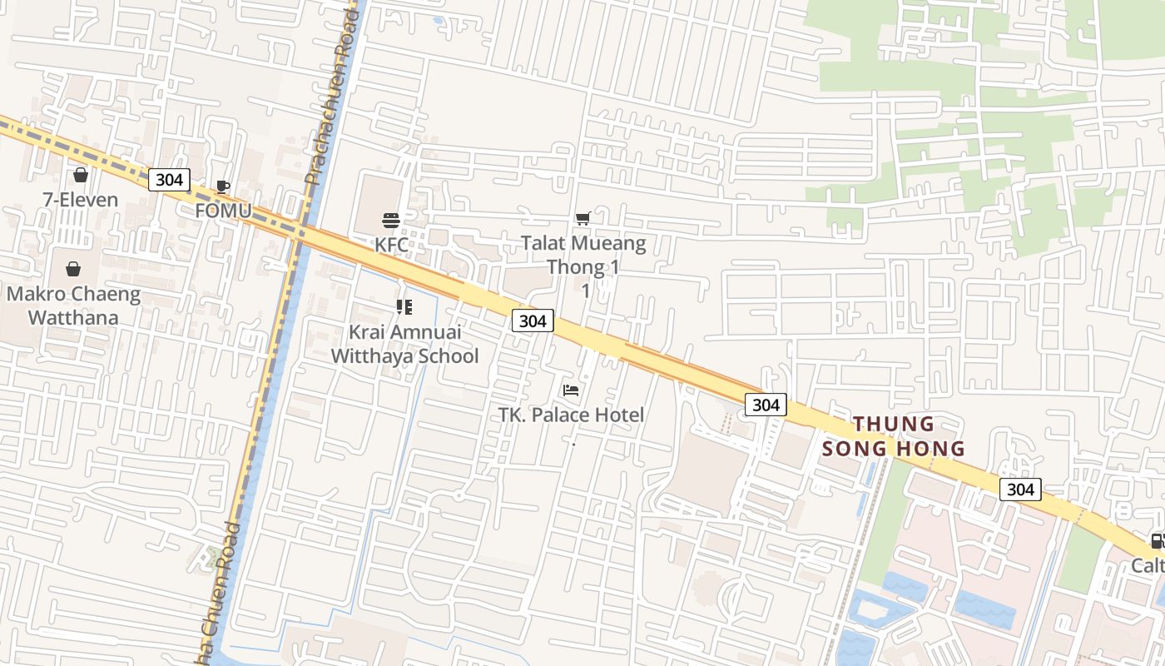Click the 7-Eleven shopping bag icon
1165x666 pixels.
(x=81, y=175)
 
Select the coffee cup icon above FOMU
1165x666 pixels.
(x=222, y=186)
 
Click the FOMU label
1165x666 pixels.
(x=223, y=211)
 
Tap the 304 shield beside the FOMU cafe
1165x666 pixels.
(x=169, y=179)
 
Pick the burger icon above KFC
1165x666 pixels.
(x=391, y=221)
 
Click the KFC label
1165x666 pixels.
(x=391, y=245)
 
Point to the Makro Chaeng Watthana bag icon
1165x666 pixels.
(x=73, y=269)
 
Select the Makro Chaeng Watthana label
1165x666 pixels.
(x=73, y=306)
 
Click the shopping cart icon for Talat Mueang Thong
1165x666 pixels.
(x=583, y=218)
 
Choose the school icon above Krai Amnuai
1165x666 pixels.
(x=404, y=307)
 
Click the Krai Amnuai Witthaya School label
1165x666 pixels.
(x=404, y=344)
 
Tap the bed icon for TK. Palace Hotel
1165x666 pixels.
(x=571, y=390)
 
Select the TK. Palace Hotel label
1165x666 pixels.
(x=571, y=415)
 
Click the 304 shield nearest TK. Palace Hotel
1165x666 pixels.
(x=532, y=321)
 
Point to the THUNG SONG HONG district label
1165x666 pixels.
(x=894, y=436)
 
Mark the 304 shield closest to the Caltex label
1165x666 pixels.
(x=1019, y=489)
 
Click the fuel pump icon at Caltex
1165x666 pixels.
(x=1157, y=542)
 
